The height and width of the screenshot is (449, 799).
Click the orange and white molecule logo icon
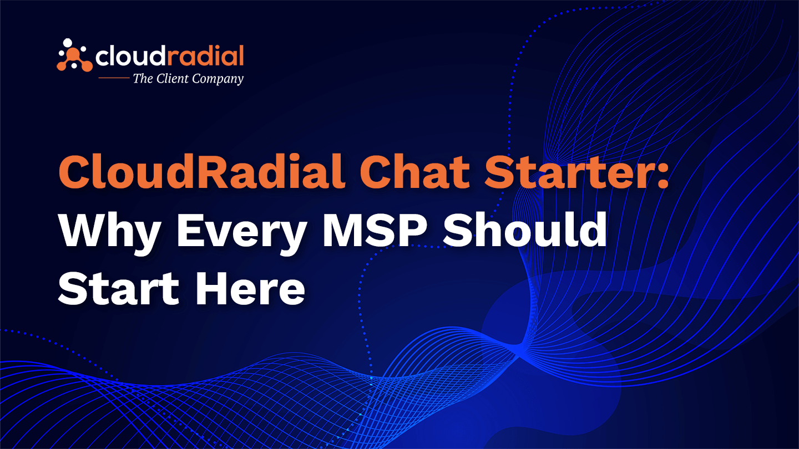74,55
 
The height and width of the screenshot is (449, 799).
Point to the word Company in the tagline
218,79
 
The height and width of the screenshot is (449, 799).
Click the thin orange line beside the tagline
114,78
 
